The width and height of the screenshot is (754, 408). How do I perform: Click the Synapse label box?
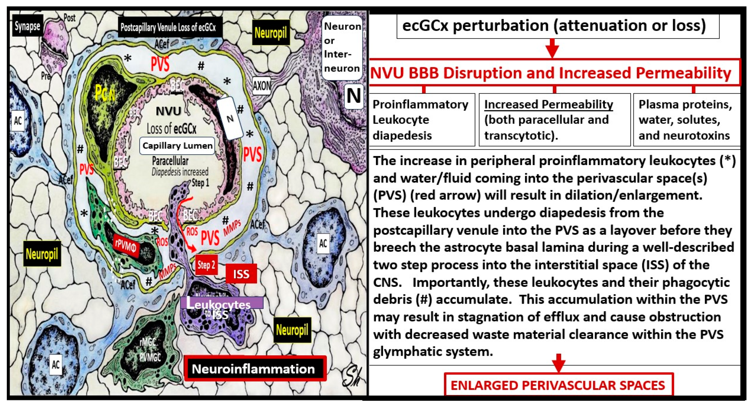(28, 26)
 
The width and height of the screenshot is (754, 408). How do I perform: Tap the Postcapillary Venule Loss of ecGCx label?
(168, 27)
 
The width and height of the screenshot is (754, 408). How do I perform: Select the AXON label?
(261, 86)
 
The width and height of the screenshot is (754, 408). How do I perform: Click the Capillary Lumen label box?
(177, 146)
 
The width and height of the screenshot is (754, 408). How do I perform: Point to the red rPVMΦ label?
(126, 246)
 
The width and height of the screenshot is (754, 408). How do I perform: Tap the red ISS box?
(241, 274)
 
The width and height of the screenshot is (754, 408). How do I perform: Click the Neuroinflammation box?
(254, 369)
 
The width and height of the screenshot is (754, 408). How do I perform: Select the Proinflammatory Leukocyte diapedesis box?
(421, 120)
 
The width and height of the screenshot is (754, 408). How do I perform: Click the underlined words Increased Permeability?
(548, 104)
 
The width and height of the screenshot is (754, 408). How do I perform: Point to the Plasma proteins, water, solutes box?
(685, 120)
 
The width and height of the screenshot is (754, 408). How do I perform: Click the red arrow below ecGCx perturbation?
(552, 48)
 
